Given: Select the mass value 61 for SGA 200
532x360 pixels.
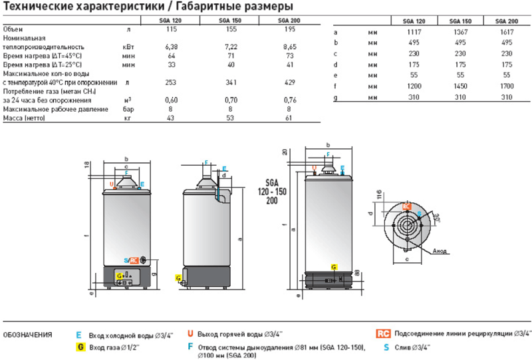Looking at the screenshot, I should point(287,118).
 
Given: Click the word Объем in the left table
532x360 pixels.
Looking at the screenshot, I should point(13,30).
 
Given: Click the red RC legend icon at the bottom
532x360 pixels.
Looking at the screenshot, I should point(382,333).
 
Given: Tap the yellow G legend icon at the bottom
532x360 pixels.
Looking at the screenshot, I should point(79,347).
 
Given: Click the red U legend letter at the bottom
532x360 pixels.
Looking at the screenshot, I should point(190,333).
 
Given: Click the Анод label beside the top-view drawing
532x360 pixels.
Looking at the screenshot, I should point(439,252).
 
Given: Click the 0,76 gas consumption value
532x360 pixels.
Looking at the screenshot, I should point(287,100).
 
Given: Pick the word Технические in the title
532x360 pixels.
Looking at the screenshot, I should point(33,7).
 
